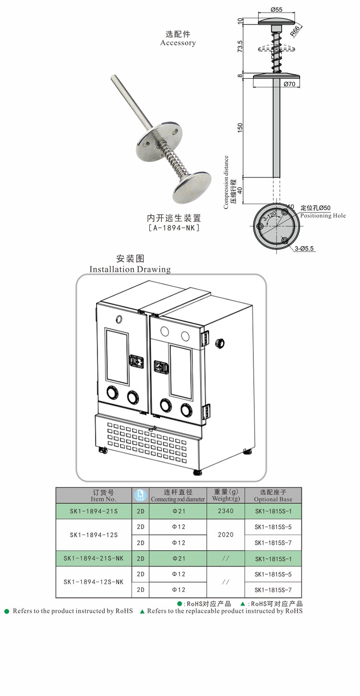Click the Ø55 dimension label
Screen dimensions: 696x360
(x=276, y=9)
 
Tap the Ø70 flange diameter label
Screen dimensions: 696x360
(x=289, y=84)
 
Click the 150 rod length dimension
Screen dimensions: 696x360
(x=240, y=128)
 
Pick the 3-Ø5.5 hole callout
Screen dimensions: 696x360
(x=304, y=248)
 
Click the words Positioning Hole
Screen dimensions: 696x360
(x=323, y=216)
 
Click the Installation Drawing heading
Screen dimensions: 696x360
(x=130, y=269)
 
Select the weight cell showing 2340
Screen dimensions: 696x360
(x=226, y=511)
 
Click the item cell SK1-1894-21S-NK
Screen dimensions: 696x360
(x=94, y=558)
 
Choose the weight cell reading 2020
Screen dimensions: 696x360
(x=226, y=534)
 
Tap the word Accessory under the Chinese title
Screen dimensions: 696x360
(x=178, y=43)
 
